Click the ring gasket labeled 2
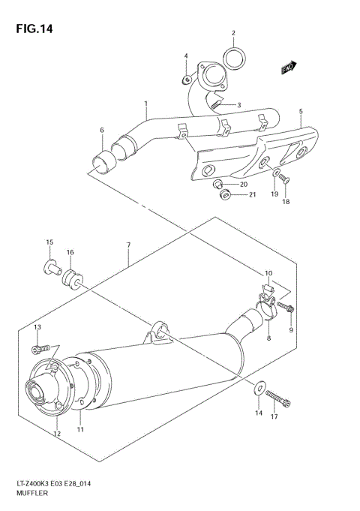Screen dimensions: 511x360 [x=235, y=56]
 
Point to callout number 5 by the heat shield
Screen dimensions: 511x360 [x=300, y=112]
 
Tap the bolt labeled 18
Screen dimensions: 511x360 [x=286, y=182]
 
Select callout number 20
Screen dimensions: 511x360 [x=244, y=185]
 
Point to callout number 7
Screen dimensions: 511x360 [x=128, y=245]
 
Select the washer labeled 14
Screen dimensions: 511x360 [x=258, y=388]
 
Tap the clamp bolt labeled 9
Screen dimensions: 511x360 [x=289, y=308]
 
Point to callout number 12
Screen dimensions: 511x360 [x=55, y=434]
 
